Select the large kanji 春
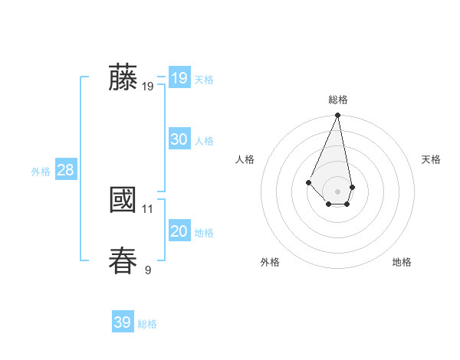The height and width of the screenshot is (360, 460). click(123, 260)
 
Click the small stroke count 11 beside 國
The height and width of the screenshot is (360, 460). click(148, 208)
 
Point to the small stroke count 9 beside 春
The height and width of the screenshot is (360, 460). click(148, 270)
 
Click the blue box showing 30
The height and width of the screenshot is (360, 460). click(179, 139)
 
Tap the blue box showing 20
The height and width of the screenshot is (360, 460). click(179, 231)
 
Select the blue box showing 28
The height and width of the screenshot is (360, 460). click(65, 170)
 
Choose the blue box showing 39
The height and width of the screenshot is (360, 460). click(122, 322)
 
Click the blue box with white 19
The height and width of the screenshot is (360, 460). click(179, 78)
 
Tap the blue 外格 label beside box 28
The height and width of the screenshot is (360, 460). click(41, 172)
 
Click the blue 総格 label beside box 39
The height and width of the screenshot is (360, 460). click(147, 324)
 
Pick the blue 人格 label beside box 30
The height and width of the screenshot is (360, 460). click(204, 141)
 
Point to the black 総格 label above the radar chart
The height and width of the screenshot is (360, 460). click(338, 100)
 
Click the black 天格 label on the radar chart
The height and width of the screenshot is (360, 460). click(431, 159)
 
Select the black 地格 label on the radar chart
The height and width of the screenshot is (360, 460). click(402, 262)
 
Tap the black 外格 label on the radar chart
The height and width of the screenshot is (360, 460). click(270, 262)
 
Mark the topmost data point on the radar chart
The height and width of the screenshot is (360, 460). click(338, 116)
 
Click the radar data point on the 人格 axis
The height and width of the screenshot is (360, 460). click(308, 182)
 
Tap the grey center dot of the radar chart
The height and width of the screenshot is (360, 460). click(338, 191)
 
